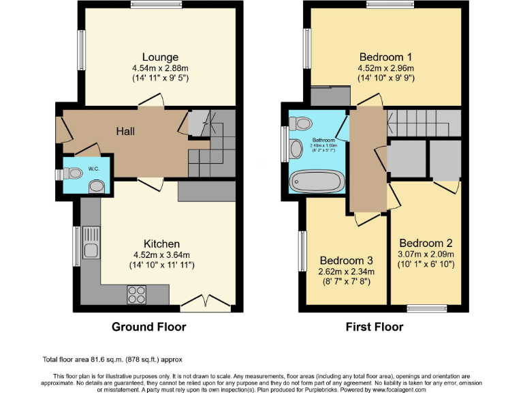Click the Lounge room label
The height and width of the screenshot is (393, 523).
160,57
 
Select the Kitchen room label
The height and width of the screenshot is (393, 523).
161,244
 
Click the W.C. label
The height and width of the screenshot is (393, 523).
93,169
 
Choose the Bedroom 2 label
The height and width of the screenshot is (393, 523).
426,243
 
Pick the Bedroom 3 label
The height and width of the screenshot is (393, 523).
347,261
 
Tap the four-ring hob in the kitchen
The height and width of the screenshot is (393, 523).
137,294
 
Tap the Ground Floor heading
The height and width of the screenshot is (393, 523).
148,327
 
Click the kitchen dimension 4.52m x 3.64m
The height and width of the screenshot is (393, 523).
161,256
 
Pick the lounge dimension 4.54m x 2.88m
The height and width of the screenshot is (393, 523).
160,68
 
